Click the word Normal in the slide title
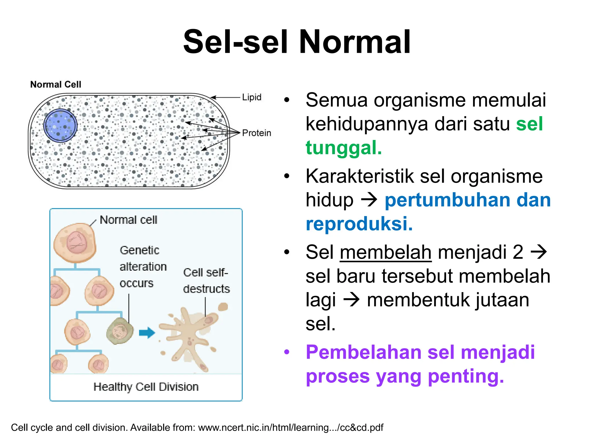pyautogui.click(x=354, y=42)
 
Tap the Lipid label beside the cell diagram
pyautogui.click(x=251, y=97)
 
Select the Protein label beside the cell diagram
pyautogui.click(x=256, y=133)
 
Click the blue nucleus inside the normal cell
pyautogui.click(x=60, y=126)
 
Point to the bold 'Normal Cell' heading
pyautogui.click(x=56, y=84)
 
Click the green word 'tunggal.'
pyautogui.click(x=344, y=148)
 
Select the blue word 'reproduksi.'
pyautogui.click(x=359, y=224)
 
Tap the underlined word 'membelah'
pyautogui.click(x=385, y=252)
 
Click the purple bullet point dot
pyautogui.click(x=287, y=352)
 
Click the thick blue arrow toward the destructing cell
pyautogui.click(x=147, y=333)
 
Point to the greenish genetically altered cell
pyautogui.click(x=120, y=331)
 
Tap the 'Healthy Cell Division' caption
pyautogui.click(x=146, y=387)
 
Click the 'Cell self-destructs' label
pyautogui.click(x=206, y=281)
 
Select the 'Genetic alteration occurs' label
pyautogui.click(x=143, y=267)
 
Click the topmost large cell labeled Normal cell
pyautogui.click(x=75, y=243)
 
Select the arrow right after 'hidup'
pyautogui.click(x=369, y=200)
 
